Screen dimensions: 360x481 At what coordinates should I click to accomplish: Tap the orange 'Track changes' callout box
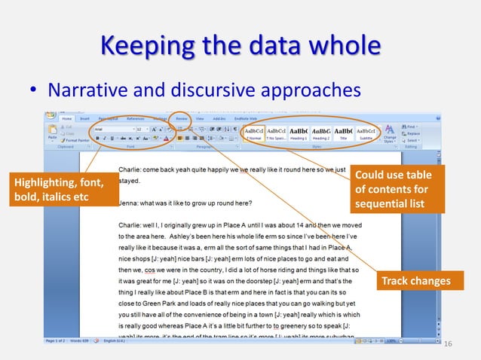(x=414, y=282)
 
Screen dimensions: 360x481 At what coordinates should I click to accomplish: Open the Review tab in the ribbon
(x=182, y=118)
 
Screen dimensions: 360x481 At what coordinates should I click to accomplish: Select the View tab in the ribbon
(x=200, y=118)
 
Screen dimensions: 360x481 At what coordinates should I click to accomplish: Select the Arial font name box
(x=112, y=129)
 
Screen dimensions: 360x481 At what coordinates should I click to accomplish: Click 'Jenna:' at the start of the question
(x=130, y=203)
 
